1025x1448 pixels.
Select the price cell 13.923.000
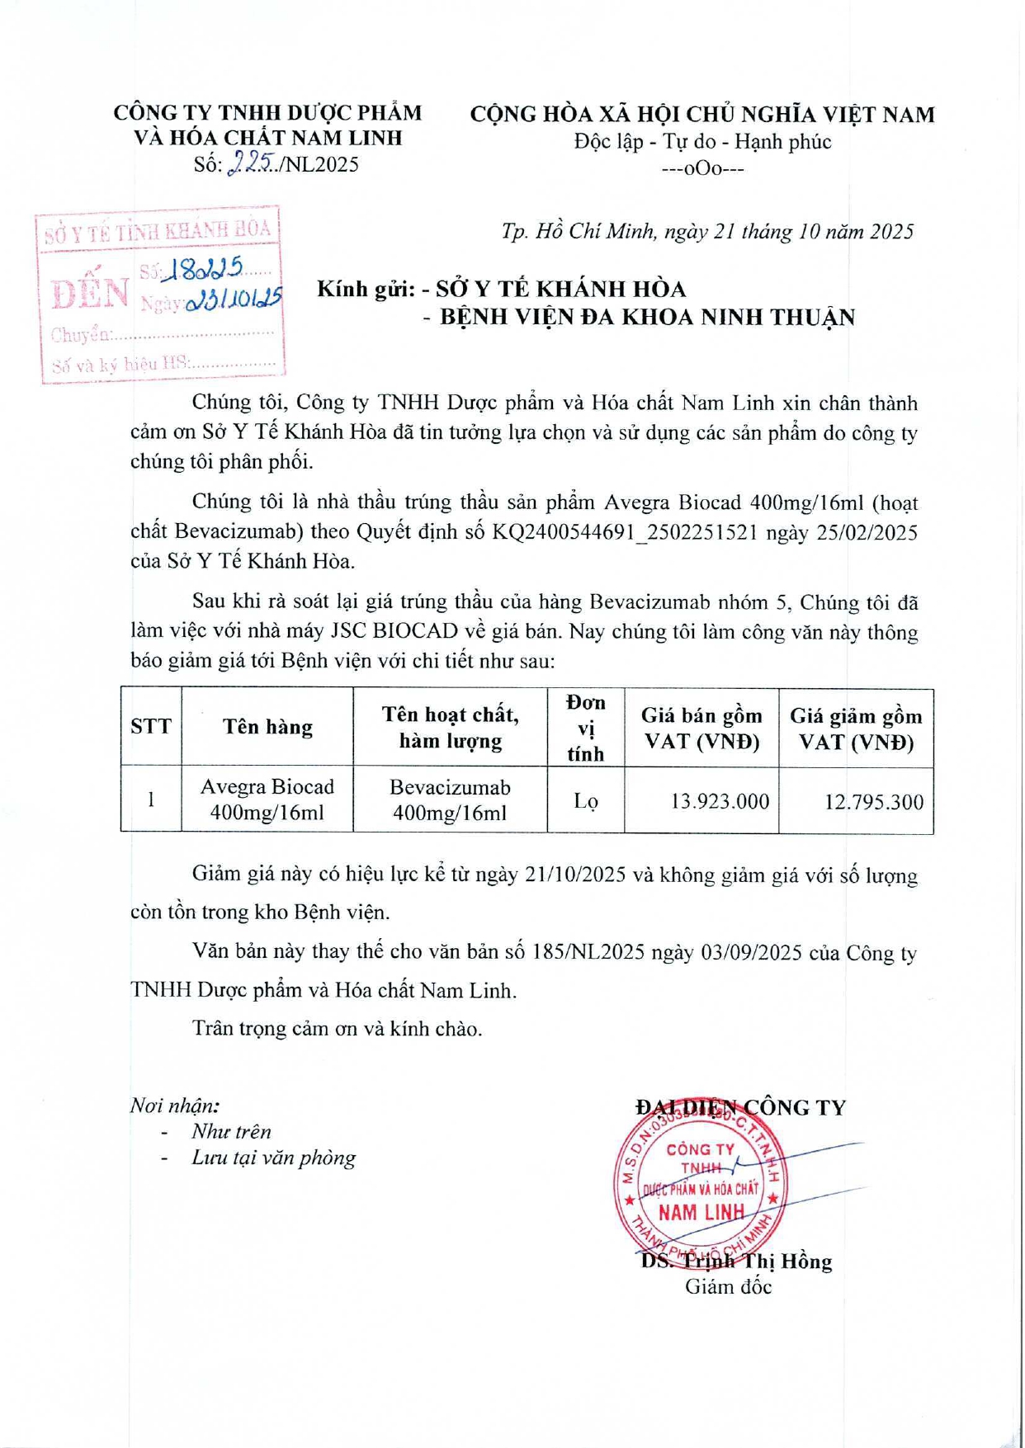720,801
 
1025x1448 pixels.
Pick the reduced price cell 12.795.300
873,802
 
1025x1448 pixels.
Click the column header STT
151,727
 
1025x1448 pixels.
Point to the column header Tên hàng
267,727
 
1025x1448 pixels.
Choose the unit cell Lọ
585,801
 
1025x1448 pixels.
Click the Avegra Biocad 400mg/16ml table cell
267,799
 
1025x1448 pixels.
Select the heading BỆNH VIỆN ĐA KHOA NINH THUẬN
647,318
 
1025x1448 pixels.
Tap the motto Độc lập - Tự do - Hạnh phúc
702,142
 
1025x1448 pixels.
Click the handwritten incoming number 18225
204,267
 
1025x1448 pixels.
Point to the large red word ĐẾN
90,293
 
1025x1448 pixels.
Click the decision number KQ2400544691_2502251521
625,532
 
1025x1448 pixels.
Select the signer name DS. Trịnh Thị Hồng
736,1262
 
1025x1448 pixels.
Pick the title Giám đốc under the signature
728,1287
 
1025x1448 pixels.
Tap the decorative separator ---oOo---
702,169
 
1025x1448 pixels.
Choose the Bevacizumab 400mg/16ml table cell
450,799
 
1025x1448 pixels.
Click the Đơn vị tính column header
585,727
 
